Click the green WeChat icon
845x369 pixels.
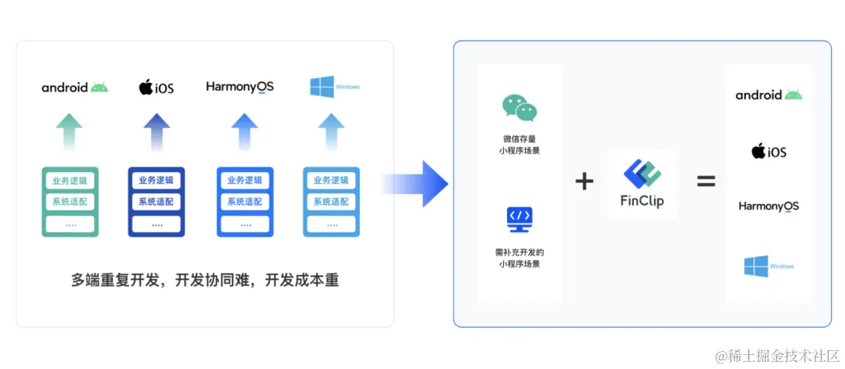click(520, 109)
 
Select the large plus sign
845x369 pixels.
click(584, 182)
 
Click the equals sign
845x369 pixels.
click(706, 181)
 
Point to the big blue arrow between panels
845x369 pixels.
click(426, 184)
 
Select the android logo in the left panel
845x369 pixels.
click(75, 87)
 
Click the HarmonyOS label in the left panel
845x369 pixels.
click(240, 87)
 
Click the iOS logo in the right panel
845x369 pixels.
click(768, 151)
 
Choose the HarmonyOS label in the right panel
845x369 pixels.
click(768, 206)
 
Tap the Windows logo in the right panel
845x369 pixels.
click(768, 266)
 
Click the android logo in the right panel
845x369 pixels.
click(768, 95)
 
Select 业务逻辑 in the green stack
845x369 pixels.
click(70, 181)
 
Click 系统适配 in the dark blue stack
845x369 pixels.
click(156, 202)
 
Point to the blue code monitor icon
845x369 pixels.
click(520, 219)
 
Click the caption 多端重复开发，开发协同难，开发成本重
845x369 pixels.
click(205, 280)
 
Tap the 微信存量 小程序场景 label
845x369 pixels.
click(520, 145)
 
